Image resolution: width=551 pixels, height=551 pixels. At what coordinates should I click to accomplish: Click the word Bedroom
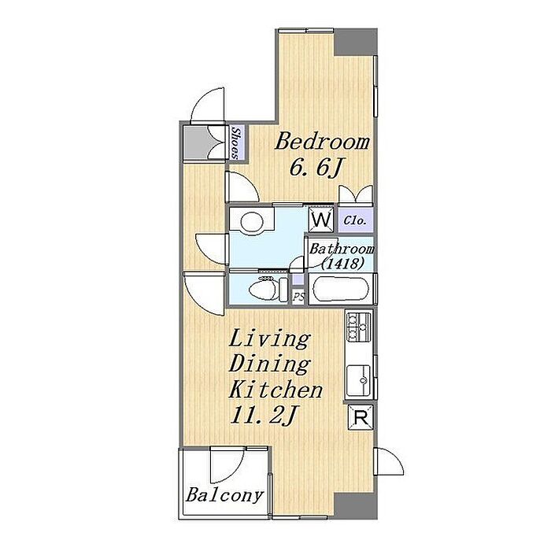coord(322,142)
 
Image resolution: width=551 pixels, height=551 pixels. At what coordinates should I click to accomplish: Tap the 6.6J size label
coord(316,168)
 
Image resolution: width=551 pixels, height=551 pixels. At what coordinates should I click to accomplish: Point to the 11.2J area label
coord(264,416)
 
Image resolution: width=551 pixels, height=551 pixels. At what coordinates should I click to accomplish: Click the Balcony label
coord(224,496)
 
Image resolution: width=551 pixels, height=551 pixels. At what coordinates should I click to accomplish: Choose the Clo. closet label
coord(355,221)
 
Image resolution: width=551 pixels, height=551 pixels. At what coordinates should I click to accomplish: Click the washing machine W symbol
coord(321,220)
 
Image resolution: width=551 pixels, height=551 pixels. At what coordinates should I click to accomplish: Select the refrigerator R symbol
coord(361,418)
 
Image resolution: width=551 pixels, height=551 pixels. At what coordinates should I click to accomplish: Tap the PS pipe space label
coord(298,297)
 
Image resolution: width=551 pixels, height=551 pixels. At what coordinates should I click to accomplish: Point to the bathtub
coord(341,289)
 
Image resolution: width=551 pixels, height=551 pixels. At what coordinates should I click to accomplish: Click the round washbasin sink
coord(251,221)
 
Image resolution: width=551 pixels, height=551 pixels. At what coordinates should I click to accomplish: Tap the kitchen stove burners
coord(358,327)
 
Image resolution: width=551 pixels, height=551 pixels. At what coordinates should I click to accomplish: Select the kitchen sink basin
coord(358,380)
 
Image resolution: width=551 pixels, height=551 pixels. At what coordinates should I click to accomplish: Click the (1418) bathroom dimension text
coord(342,264)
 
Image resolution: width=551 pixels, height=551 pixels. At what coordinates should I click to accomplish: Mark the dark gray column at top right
coord(355,42)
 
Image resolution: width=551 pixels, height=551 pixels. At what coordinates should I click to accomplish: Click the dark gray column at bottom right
coord(355,505)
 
